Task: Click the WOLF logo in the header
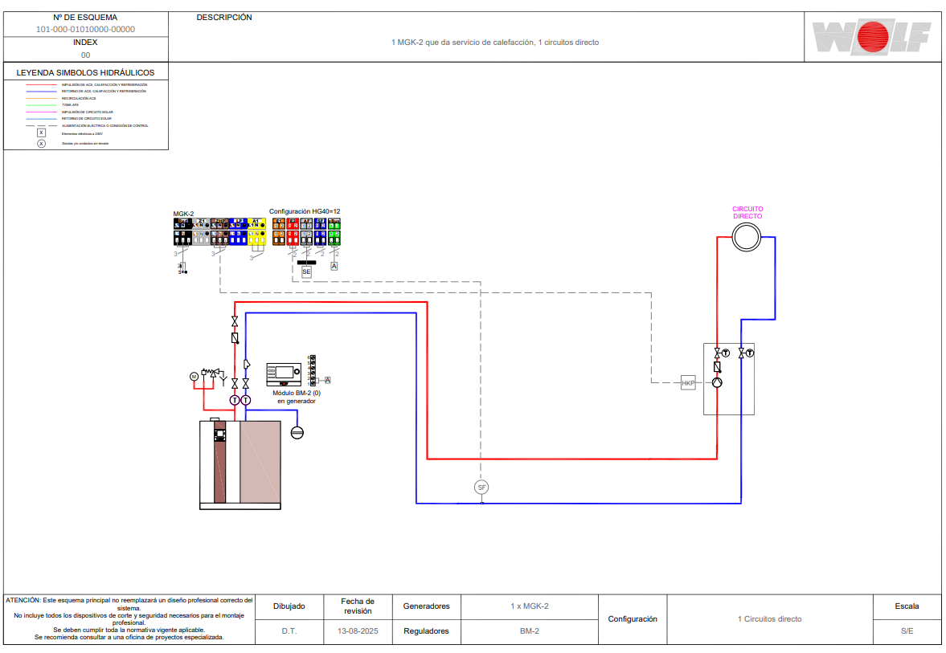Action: [x=871, y=38]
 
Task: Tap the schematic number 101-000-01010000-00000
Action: [x=85, y=29]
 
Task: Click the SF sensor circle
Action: [x=481, y=487]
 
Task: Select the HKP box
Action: [x=688, y=383]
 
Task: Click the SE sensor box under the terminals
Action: [x=306, y=272]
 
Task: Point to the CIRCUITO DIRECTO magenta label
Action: [x=747, y=212]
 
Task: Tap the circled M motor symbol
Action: [x=193, y=376]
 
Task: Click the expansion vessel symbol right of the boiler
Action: [x=297, y=432]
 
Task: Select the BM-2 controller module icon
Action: [x=284, y=374]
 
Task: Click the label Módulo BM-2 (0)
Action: [x=297, y=393]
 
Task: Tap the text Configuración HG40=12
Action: [x=305, y=211]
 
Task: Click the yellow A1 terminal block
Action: [x=256, y=231]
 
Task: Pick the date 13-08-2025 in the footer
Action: [x=358, y=631]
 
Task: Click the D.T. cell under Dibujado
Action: [x=289, y=631]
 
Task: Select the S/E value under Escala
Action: [x=907, y=631]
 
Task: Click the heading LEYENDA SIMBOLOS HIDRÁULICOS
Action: [x=86, y=72]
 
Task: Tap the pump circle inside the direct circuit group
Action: [x=718, y=382]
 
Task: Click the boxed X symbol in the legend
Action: [x=42, y=133]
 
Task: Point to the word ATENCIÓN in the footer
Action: [x=23, y=600]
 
